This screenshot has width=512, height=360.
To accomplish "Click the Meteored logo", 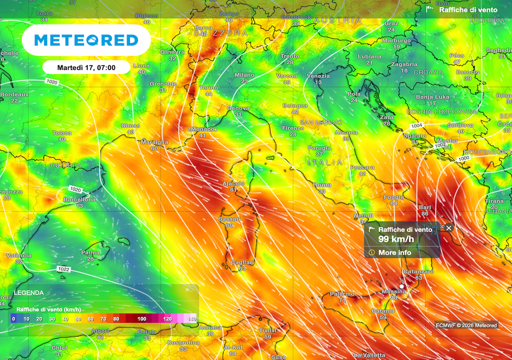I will click(86, 40).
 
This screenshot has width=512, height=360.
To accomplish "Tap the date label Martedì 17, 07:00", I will click(86, 67).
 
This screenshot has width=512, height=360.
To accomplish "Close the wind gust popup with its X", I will click(448, 228).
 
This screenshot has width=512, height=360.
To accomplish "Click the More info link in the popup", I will click(394, 252).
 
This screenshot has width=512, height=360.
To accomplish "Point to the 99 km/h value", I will click(396, 238).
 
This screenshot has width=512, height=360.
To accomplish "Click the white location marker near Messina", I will click(401, 286).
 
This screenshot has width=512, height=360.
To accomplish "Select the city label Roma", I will click(321, 185).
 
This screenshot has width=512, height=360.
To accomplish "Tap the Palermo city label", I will click(342, 294).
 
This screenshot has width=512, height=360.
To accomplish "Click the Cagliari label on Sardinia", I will click(242, 262).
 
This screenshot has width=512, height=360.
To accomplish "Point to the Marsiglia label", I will click(154, 142).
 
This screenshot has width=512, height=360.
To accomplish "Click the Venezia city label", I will click(318, 76).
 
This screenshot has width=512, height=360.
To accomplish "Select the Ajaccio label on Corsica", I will click(233, 183).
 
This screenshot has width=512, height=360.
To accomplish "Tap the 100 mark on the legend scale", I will click(142, 318).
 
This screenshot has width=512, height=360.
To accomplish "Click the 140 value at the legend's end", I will click(191, 318).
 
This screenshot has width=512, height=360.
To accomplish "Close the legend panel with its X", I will click(187, 289).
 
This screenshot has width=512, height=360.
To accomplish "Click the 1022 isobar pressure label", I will click(64, 269).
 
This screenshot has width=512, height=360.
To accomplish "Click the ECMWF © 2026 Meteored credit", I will click(466, 325).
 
